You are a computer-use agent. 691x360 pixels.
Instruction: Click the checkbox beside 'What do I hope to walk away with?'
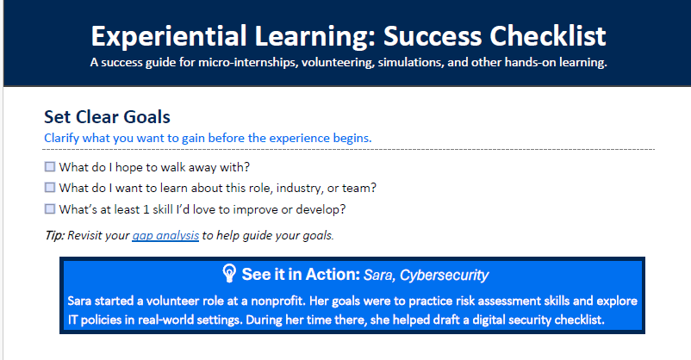(50, 166)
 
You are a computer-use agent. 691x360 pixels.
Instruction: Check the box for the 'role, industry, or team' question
(50, 187)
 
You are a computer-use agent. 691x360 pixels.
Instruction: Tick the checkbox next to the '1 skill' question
(50, 208)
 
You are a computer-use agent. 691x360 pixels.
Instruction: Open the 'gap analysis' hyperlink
(165, 235)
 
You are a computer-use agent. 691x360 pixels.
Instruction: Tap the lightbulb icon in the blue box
(229, 274)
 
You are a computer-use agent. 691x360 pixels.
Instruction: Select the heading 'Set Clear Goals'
(107, 117)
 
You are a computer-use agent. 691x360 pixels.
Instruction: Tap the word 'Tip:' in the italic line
(54, 235)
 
